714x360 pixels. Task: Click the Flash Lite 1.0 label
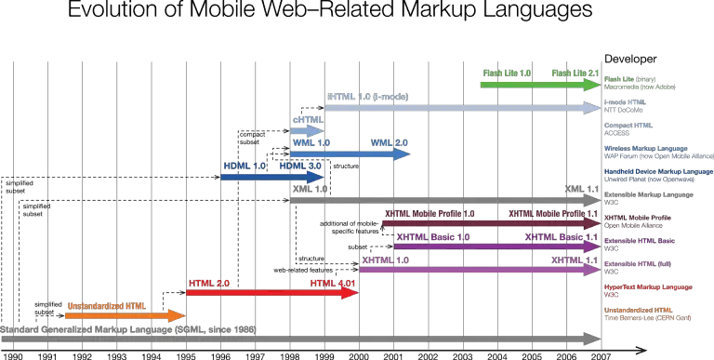tap(507, 73)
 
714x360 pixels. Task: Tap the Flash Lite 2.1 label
tap(575, 73)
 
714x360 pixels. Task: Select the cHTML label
tap(308, 120)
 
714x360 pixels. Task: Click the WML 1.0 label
tap(311, 143)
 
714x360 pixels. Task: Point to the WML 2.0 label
tap(390, 143)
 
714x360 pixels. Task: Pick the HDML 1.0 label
tap(244, 166)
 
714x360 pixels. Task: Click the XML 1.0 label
tap(310, 189)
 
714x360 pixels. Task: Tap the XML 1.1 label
tap(582, 189)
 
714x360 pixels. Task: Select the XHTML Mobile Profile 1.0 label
tap(430, 214)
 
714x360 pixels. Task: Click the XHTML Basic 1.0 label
tap(432, 237)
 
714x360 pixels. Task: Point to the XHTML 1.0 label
tap(385, 260)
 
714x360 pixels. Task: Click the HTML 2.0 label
tap(208, 283)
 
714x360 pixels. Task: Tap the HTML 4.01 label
tap(333, 283)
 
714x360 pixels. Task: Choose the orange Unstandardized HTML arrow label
tap(106, 305)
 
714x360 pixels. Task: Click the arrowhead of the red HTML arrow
tap(351, 293)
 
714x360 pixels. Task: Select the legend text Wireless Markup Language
tap(645, 148)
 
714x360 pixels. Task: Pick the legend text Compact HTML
tap(628, 125)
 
